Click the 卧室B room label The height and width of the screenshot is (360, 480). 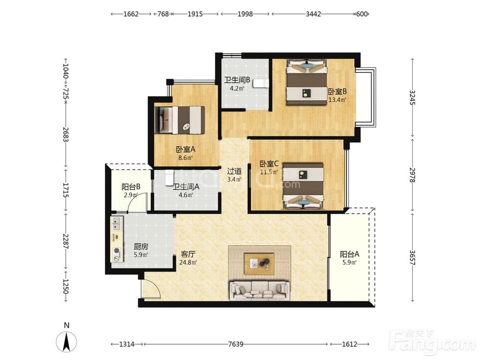337,92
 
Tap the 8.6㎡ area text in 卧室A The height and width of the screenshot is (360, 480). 185,158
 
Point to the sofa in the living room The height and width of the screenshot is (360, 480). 260,290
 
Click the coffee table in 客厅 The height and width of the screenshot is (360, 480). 259,264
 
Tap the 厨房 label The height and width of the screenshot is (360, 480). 141,246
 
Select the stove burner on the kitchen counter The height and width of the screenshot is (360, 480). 117,251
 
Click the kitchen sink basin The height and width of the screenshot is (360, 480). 116,224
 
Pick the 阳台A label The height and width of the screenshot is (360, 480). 349,254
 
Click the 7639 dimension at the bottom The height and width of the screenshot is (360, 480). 236,344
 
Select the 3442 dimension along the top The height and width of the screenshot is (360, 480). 313,14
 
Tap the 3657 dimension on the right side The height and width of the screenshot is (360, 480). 412,258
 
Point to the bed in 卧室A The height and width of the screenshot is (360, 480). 180,120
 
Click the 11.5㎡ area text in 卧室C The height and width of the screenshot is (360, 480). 269,172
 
